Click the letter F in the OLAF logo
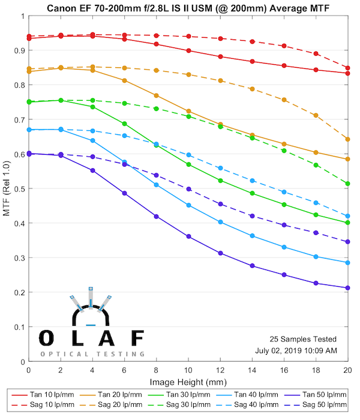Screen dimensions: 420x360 137,337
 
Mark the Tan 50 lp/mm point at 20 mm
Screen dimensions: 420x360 348,288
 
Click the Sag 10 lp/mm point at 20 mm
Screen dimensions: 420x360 348,68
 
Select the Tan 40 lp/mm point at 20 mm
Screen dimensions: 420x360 348,263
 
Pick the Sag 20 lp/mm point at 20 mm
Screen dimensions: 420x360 348,139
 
